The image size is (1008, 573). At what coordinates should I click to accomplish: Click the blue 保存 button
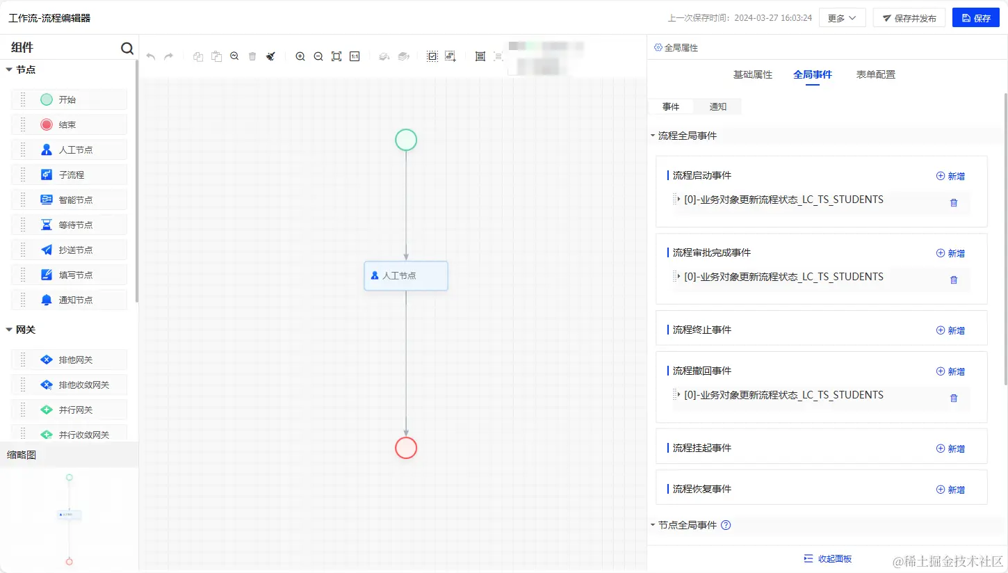click(x=975, y=18)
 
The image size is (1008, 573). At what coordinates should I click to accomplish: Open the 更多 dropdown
click(x=842, y=18)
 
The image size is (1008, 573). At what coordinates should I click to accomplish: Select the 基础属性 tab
click(x=752, y=74)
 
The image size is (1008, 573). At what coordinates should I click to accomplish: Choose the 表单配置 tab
click(x=875, y=74)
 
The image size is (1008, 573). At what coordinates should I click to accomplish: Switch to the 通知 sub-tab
click(x=717, y=106)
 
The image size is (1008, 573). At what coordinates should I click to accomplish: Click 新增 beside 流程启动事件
click(x=950, y=176)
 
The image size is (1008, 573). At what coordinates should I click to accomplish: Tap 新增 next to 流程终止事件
click(x=950, y=330)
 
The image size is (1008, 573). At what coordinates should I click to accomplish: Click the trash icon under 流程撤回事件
click(x=954, y=398)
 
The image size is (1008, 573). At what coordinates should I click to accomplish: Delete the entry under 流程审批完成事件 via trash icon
click(x=954, y=280)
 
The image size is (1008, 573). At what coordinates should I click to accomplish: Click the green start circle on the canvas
click(x=406, y=140)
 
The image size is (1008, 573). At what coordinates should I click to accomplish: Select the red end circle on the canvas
click(x=406, y=448)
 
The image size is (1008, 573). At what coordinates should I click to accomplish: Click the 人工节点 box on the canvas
click(x=406, y=275)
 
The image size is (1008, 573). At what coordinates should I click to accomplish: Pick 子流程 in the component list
click(x=71, y=175)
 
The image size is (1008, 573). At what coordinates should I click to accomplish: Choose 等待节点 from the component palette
click(x=75, y=225)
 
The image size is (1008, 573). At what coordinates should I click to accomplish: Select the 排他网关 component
click(x=75, y=360)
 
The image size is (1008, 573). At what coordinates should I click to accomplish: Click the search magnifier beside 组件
click(x=127, y=48)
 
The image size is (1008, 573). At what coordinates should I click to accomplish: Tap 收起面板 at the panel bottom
click(x=827, y=558)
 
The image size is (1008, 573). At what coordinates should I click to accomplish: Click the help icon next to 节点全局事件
click(x=726, y=525)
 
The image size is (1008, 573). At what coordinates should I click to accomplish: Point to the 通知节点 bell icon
click(x=47, y=300)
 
